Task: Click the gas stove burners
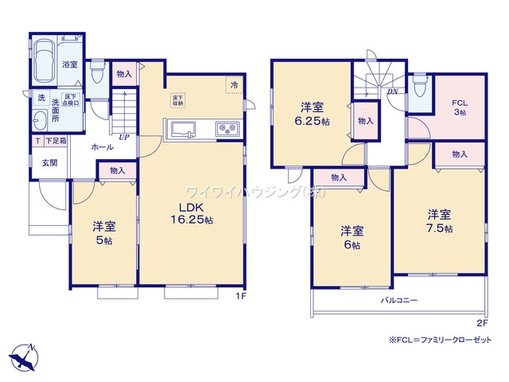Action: coord(225,128)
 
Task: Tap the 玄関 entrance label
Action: coord(49,162)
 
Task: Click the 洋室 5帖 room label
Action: coord(103,232)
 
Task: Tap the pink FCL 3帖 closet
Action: coord(459,107)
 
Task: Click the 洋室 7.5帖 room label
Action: coord(438,220)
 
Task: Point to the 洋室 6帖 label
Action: coord(351,237)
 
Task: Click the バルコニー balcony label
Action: coord(398,300)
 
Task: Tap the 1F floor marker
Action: coord(239,298)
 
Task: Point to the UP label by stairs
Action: coord(125,138)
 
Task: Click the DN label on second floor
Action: coord(392,92)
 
